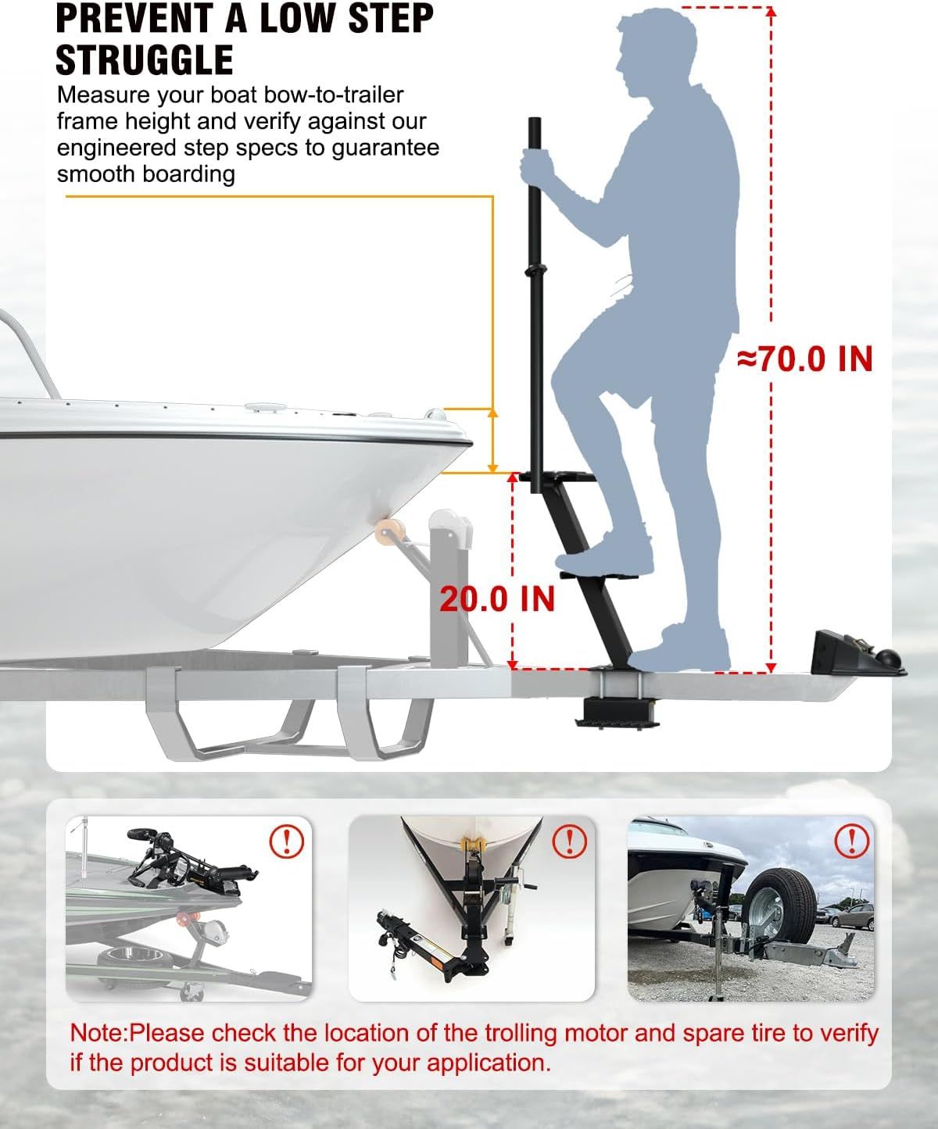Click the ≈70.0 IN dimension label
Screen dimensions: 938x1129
click(x=805, y=359)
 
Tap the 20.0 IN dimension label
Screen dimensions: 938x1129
click(x=497, y=599)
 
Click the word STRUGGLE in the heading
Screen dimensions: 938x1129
click(x=145, y=59)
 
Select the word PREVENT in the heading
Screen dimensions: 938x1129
click(x=134, y=18)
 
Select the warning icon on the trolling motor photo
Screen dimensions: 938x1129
click(x=287, y=841)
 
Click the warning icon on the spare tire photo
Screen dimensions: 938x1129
click(x=851, y=841)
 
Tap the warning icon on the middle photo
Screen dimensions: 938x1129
click(x=569, y=841)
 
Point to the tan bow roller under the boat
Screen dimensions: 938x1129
click(x=389, y=532)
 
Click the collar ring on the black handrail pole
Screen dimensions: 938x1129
click(x=536, y=270)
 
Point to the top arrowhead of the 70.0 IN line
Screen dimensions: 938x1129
click(x=771, y=12)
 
